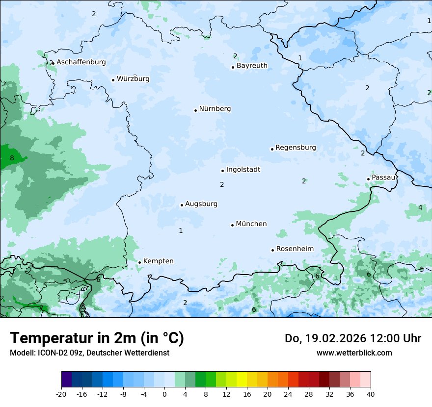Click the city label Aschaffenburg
pos(81,62)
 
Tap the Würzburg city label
pos(133,79)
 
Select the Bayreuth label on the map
pos(252,66)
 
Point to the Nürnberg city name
pos(215,109)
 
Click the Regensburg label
pos(296,148)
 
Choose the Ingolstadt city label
pos(243,170)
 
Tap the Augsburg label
pos(201,204)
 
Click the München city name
pos(251,224)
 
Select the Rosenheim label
pos(295,249)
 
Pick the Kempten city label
pos(158,261)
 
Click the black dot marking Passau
pos(368,179)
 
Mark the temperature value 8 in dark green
pos(12,158)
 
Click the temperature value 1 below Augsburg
pos(181,231)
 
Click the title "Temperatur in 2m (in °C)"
pos(97,338)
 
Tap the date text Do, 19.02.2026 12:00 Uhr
pos(352,338)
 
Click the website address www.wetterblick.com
pos(354,353)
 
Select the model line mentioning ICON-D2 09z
pos(89,353)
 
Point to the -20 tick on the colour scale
pos(61,394)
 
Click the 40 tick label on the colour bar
pos(371,394)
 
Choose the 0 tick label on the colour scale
pos(164,394)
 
